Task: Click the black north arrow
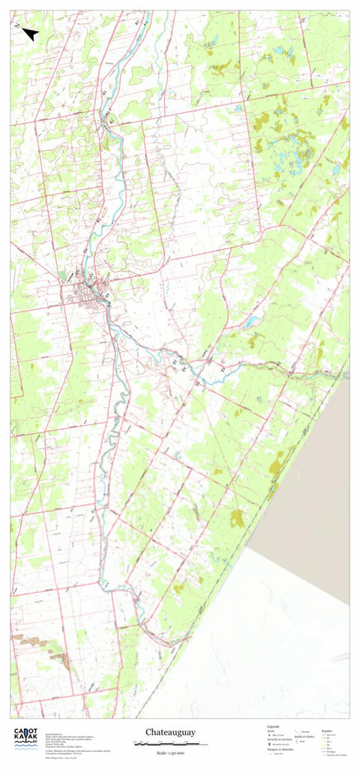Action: coord(30,34)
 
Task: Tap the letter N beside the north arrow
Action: coord(17,25)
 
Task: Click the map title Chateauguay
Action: coord(170,732)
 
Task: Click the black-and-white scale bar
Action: coord(166,743)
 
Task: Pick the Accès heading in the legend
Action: coord(271,730)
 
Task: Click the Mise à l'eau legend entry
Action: coord(277,734)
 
